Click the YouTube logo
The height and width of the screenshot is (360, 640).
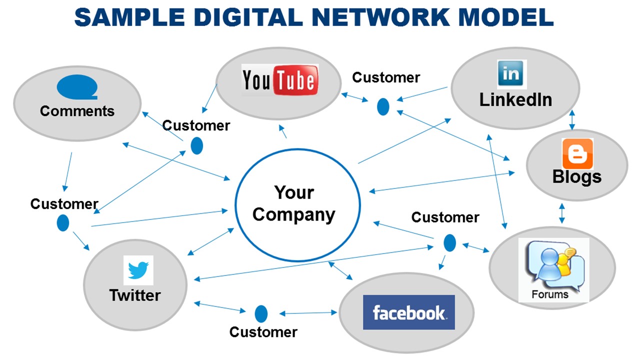[x=279, y=80]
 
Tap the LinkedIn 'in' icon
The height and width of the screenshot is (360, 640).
[x=511, y=74]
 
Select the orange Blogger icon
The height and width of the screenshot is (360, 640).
[x=577, y=153]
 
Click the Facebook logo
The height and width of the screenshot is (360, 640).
[x=408, y=312]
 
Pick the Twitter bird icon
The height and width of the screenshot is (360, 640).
[x=138, y=270]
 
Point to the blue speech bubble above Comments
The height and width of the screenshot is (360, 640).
[x=77, y=88]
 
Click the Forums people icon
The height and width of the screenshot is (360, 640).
[x=552, y=265]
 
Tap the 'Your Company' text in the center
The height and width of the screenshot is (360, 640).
[x=294, y=203]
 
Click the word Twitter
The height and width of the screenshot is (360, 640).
[x=135, y=295]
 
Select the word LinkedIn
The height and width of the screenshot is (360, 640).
[x=515, y=99]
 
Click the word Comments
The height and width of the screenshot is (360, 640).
[x=77, y=111]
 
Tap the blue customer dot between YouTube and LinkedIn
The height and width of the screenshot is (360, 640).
[x=383, y=106]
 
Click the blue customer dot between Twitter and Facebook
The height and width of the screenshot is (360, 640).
[x=261, y=314]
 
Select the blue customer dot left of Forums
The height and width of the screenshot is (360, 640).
[x=449, y=243]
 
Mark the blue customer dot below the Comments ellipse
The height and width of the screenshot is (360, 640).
[x=63, y=222]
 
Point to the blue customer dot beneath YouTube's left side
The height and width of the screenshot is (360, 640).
[x=197, y=145]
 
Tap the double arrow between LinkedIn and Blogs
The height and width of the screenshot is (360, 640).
[x=572, y=120]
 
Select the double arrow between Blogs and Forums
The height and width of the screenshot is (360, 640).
[x=562, y=213]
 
